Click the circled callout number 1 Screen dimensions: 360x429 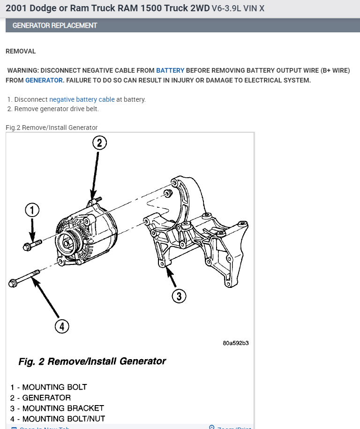[x=32, y=210]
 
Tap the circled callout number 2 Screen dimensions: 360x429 [x=99, y=143]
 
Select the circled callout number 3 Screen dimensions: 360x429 [x=179, y=296]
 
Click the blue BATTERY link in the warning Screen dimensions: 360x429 [x=170, y=70]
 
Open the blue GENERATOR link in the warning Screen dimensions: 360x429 [x=44, y=80]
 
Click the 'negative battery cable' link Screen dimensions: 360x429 [x=82, y=99]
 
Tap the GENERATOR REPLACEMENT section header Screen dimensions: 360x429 [x=55, y=25]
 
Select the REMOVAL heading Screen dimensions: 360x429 [x=21, y=51]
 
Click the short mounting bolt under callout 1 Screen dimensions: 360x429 [x=31, y=244]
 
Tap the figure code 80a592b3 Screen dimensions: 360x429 [x=236, y=343]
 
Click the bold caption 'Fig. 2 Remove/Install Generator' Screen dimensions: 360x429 [x=92, y=361]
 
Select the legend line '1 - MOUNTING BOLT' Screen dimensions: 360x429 [x=49, y=387]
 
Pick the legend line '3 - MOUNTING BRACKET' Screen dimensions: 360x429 [x=57, y=408]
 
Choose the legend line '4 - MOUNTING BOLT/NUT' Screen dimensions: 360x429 [x=58, y=419]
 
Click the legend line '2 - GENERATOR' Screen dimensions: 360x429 [x=41, y=398]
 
